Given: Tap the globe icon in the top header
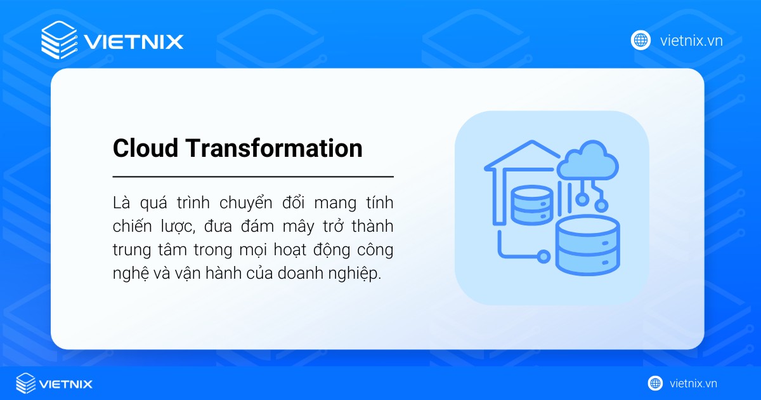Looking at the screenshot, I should point(641,40).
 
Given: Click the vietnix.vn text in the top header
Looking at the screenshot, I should point(691,41).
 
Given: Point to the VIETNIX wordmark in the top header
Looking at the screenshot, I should point(133,42).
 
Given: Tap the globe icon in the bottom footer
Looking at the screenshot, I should point(655,383).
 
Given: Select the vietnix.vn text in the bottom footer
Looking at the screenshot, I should point(693,383).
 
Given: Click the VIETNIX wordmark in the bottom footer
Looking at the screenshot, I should point(66,384).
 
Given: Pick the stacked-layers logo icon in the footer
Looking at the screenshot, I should point(26,383).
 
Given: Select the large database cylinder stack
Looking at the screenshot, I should point(586,244).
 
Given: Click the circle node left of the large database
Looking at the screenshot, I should point(542,256).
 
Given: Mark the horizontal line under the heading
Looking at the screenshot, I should point(253,177).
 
